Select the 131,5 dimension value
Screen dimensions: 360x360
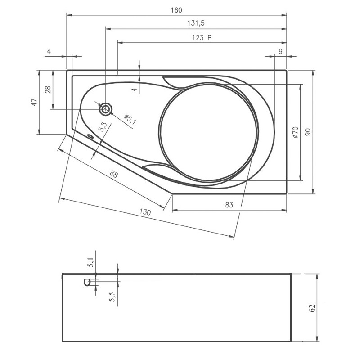[196, 23]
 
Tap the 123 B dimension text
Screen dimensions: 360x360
[199, 38]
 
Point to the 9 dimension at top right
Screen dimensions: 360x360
[280, 51]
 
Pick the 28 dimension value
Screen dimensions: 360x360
[48, 90]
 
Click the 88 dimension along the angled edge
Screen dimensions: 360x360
[114, 174]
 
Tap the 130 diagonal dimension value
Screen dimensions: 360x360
[145, 212]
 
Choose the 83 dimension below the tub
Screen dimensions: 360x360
[229, 205]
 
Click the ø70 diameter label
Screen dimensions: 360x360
[295, 132]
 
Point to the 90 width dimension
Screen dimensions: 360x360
[308, 132]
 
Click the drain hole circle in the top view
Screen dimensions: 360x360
[106, 108]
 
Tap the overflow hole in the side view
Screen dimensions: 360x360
[88, 282]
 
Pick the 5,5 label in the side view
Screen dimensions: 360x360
[111, 296]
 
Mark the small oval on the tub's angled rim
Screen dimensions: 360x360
[90, 137]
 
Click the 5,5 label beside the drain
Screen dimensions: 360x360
[103, 126]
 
